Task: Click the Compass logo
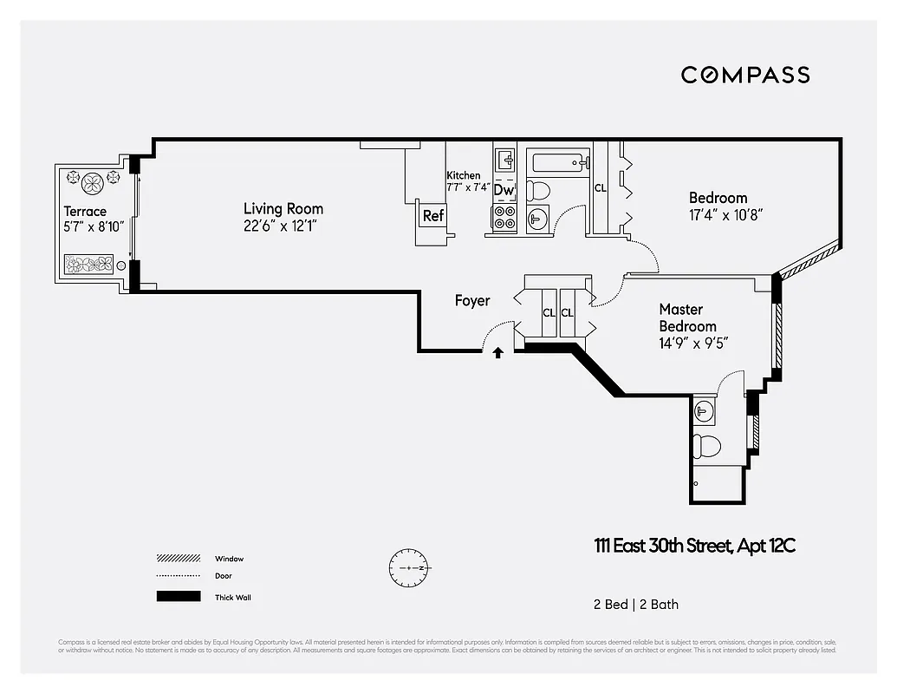(744, 75)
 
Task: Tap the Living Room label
(283, 208)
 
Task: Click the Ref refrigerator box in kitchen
(432, 216)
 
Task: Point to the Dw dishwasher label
(504, 190)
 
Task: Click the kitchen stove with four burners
(504, 218)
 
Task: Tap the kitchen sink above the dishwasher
(504, 160)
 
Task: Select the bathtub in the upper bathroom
(559, 162)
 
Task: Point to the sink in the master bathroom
(705, 410)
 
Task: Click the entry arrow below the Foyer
(498, 352)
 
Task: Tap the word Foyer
(472, 301)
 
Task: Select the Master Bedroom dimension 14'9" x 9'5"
(692, 343)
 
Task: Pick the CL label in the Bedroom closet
(600, 187)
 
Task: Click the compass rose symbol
(409, 567)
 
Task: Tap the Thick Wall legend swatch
(178, 597)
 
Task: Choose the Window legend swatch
(178, 559)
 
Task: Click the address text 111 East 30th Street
(664, 546)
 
